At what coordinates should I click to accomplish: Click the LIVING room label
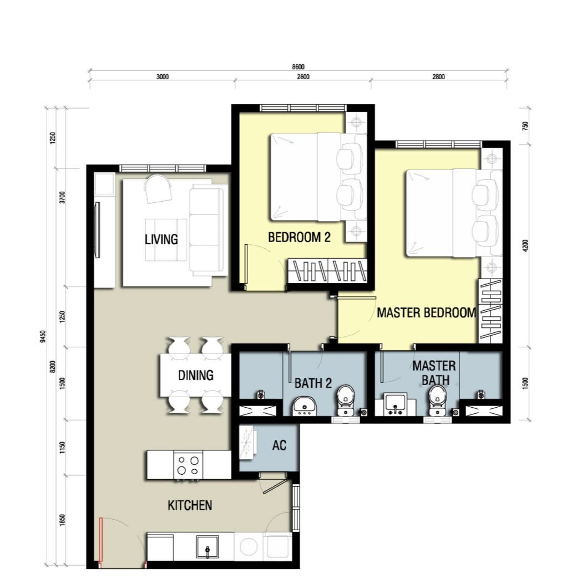pyautogui.click(x=161, y=239)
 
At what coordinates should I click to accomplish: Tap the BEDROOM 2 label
pyautogui.click(x=299, y=237)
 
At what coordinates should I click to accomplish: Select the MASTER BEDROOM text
pyautogui.click(x=426, y=312)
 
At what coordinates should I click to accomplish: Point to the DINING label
pyautogui.click(x=196, y=375)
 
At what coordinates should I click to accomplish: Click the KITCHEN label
pyautogui.click(x=190, y=505)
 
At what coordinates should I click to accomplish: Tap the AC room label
pyautogui.click(x=279, y=445)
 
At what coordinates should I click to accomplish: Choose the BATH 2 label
pyautogui.click(x=313, y=383)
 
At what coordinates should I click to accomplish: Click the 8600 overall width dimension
pyautogui.click(x=298, y=67)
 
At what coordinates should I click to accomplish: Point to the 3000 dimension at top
pyautogui.click(x=162, y=77)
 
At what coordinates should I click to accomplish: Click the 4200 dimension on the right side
pyautogui.click(x=525, y=245)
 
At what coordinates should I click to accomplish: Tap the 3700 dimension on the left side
pyautogui.click(x=62, y=197)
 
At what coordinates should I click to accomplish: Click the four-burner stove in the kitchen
pyautogui.click(x=188, y=465)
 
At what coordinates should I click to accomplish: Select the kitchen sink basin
pyautogui.click(x=208, y=547)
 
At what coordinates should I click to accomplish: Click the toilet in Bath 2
pyautogui.click(x=346, y=400)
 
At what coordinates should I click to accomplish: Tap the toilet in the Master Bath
pyautogui.click(x=437, y=400)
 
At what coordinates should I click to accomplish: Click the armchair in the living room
pyautogui.click(x=158, y=189)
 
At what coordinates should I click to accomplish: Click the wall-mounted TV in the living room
pyautogui.click(x=98, y=230)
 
